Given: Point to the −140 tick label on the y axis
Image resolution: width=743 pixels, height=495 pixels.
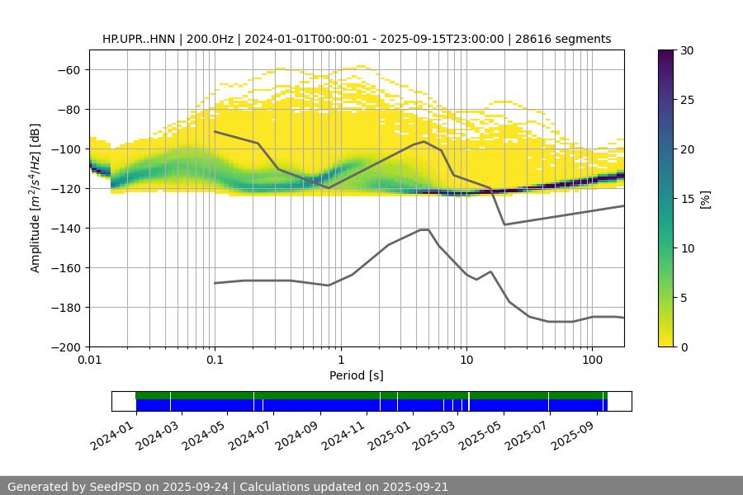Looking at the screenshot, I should [x=66, y=228].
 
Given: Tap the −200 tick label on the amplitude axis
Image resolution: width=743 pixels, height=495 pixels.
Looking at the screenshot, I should [x=66, y=346].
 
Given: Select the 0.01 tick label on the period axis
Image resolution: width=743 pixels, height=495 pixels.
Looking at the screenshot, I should [x=89, y=361].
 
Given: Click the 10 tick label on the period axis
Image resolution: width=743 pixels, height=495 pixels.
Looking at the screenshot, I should [x=466, y=361].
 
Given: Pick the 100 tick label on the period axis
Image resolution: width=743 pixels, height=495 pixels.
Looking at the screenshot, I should [x=591, y=361].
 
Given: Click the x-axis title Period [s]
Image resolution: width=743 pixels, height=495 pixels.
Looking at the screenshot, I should [x=357, y=376].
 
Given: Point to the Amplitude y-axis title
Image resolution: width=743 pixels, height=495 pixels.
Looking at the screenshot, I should [x=35, y=198].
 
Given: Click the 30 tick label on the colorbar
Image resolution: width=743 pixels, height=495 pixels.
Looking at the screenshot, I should [x=688, y=50].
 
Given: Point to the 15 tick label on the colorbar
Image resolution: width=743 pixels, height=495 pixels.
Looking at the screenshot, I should [x=688, y=199].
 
